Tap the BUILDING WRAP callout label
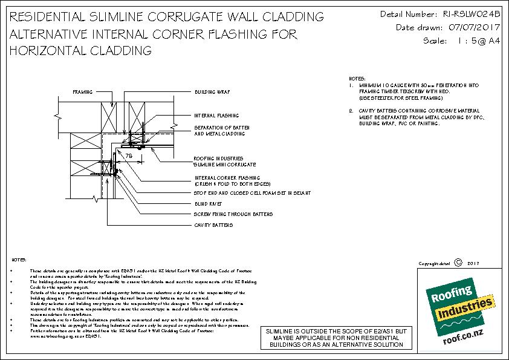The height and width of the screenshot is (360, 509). point(213,92)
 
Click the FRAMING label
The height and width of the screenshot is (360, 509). point(83,92)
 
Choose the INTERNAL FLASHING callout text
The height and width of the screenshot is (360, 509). point(216,116)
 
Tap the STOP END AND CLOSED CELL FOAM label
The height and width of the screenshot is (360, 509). point(252,192)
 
